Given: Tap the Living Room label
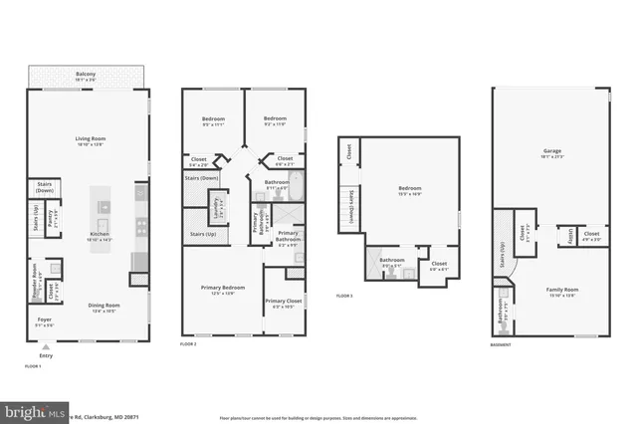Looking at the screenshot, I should click(91, 139).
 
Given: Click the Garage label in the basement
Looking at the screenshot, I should click(550, 154).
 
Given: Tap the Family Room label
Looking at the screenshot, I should click(562, 292).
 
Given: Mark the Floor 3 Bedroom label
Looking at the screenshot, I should click(410, 189).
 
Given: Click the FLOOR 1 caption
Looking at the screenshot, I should click(33, 366).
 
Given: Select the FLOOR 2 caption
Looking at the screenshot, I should click(187, 343).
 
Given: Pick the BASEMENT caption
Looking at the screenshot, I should click(501, 344).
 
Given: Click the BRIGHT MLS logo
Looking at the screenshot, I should click(30, 411).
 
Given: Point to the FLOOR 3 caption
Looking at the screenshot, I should click(343, 297).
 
